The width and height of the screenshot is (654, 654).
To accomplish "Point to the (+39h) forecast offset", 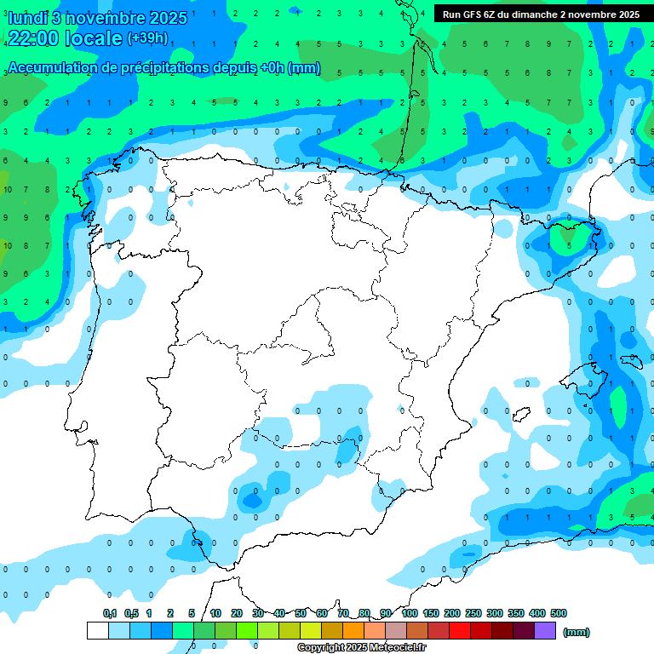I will point(147,38).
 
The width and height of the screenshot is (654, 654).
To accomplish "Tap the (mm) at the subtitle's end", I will point(304,68).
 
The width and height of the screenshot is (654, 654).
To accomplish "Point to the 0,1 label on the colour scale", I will point(109,613).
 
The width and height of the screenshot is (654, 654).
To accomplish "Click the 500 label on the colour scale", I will point(559,613).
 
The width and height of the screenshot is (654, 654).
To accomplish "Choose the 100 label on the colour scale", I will point(409,613).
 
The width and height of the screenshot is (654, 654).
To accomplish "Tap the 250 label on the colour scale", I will point(473,613).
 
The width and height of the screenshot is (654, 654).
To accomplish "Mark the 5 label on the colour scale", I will point(192,613).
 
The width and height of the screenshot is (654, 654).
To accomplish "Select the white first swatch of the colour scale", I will point(97,630).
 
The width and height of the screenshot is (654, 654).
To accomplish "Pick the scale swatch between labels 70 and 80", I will point(354,630).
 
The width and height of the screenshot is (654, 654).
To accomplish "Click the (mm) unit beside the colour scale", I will point(577,632).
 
